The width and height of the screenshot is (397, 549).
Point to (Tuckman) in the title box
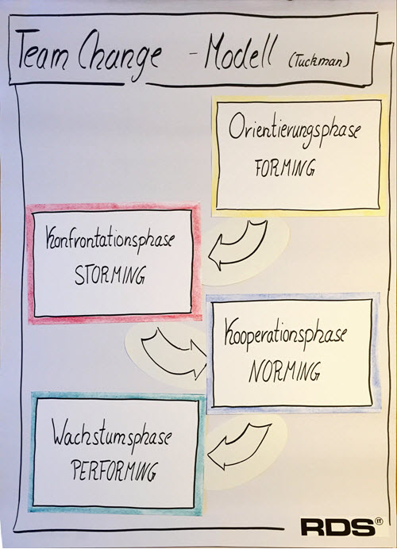pos(319,62)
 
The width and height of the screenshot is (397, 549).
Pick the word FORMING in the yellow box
pos(285,168)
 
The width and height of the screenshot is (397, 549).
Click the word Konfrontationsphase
pos(110,242)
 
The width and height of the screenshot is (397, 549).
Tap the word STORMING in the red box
pos(110,275)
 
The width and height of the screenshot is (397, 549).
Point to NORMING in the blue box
pos(284,371)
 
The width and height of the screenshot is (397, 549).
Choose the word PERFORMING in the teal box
pos(114,471)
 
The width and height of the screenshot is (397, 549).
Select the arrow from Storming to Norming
pos(172,350)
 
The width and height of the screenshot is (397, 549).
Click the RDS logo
pos(337,527)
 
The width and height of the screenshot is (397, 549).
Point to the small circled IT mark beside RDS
pos(379,521)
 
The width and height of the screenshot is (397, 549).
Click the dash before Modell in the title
pos(194,56)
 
